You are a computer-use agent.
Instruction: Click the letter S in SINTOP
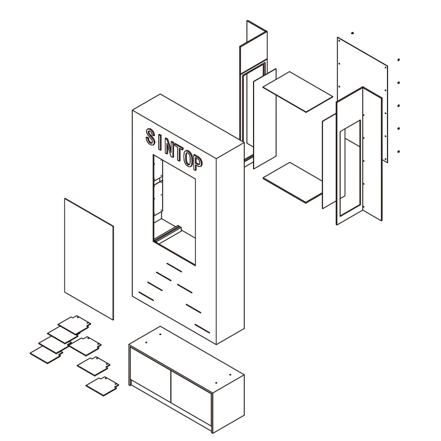click(x=150, y=137)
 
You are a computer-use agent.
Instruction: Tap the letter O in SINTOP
click(x=187, y=159)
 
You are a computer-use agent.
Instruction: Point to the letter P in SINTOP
click(x=197, y=163)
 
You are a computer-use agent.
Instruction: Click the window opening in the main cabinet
click(x=174, y=209)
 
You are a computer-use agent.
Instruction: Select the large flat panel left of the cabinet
click(x=89, y=259)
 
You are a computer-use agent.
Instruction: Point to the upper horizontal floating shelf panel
click(x=298, y=92)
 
